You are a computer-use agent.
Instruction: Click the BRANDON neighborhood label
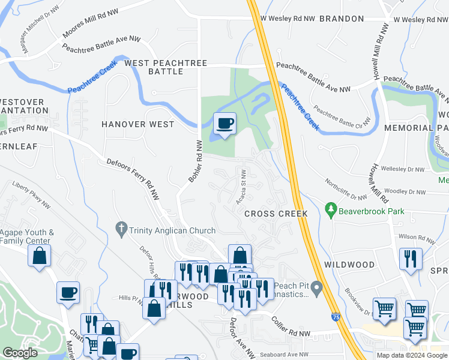341,19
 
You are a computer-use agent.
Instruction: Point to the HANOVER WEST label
137,124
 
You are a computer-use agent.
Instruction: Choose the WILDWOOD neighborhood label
349,264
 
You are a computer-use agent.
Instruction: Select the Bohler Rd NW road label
194,161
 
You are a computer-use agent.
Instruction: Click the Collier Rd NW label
291,328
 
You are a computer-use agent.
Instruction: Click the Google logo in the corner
20,353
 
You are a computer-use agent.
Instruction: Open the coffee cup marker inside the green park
225,124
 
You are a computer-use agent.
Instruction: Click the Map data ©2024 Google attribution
412,355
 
